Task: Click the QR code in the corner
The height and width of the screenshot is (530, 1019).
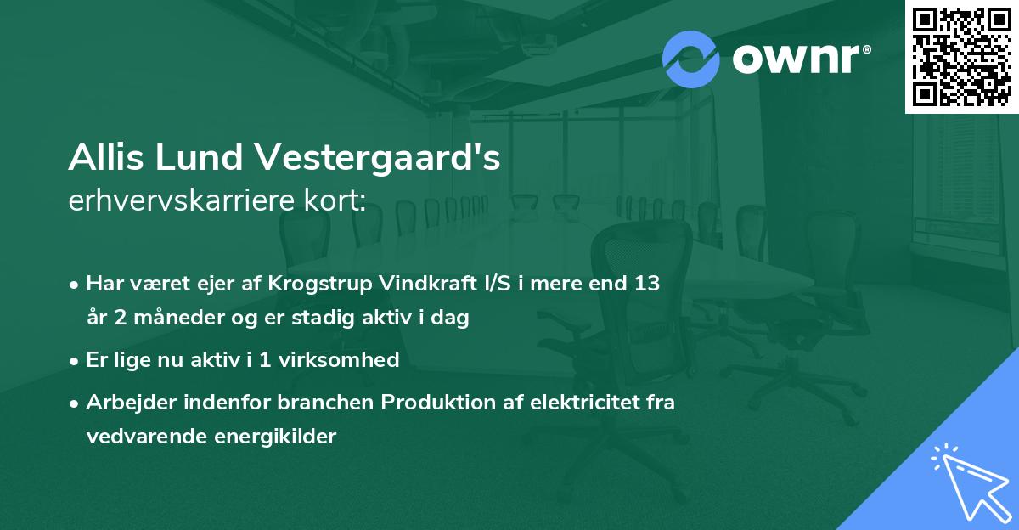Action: (962, 56)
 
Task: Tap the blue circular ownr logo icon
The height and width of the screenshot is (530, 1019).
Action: (691, 59)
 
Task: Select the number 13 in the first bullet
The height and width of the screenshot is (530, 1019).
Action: (642, 284)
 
